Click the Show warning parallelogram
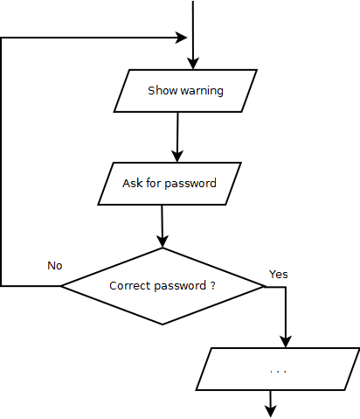click(x=185, y=91)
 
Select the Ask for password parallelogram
click(x=170, y=184)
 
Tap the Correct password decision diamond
click(x=163, y=286)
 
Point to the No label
click(x=55, y=265)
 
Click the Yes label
click(x=279, y=274)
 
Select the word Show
click(x=162, y=91)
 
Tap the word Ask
click(x=133, y=184)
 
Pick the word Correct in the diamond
click(x=128, y=286)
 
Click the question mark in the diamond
click(x=213, y=286)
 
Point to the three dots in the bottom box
click(x=278, y=372)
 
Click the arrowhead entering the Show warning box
click(x=192, y=64)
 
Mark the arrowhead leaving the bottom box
click(x=271, y=410)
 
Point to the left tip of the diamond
click(x=59, y=286)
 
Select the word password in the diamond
click(x=177, y=286)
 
